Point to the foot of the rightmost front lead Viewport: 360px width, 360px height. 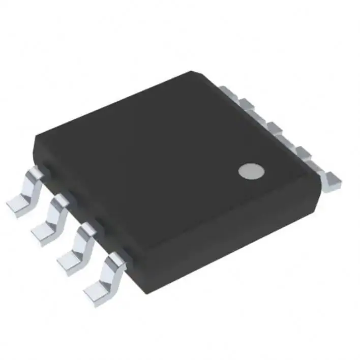[95, 294]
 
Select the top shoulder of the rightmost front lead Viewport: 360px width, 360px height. [114, 261]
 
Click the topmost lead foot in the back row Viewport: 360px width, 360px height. [227, 91]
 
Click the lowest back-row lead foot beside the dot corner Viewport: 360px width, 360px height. [334, 179]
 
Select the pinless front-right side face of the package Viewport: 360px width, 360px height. [224, 239]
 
